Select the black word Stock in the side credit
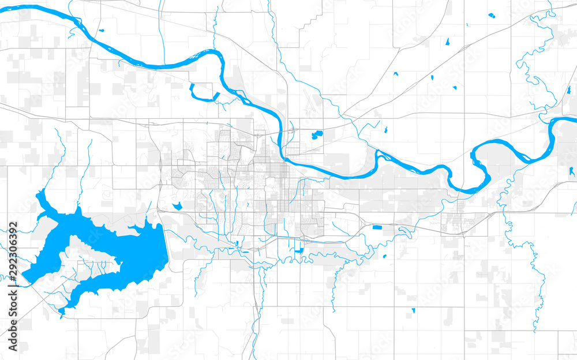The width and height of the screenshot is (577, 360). [x=13, y=299]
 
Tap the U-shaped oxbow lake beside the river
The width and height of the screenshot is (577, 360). [x=202, y=94]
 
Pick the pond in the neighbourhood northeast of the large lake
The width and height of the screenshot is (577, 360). [x=177, y=205]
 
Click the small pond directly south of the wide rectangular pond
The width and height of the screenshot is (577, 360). [x=384, y=256]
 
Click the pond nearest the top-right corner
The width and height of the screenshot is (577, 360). [x=491, y=15]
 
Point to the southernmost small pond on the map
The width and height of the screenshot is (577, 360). [x=413, y=311]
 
